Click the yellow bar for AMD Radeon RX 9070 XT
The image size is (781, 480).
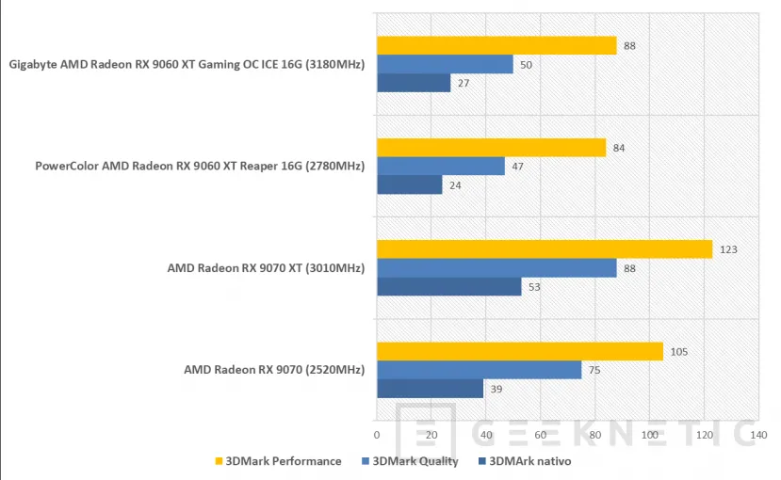[544, 249]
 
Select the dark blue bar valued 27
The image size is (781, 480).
[414, 83]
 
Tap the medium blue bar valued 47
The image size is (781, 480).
[441, 167]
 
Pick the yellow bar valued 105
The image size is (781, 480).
[519, 351]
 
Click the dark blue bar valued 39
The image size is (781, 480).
[430, 389]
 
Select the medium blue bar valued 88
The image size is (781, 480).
[496, 268]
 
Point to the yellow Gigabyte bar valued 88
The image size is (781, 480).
[496, 45]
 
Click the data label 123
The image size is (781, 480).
[727, 249]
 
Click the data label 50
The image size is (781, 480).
[528, 64]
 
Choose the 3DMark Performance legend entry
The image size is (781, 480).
[278, 461]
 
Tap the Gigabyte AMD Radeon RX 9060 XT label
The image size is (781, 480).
[187, 64]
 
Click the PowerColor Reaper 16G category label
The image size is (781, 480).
[200, 167]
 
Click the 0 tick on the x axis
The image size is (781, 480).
[377, 435]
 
